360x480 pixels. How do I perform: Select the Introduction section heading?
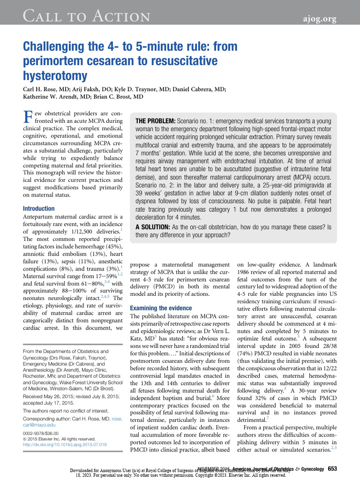39,209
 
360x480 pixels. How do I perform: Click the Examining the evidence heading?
161,308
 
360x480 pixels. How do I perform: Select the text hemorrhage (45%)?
103,247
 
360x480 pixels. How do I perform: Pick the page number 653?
332,469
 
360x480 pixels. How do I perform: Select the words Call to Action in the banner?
87,18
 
